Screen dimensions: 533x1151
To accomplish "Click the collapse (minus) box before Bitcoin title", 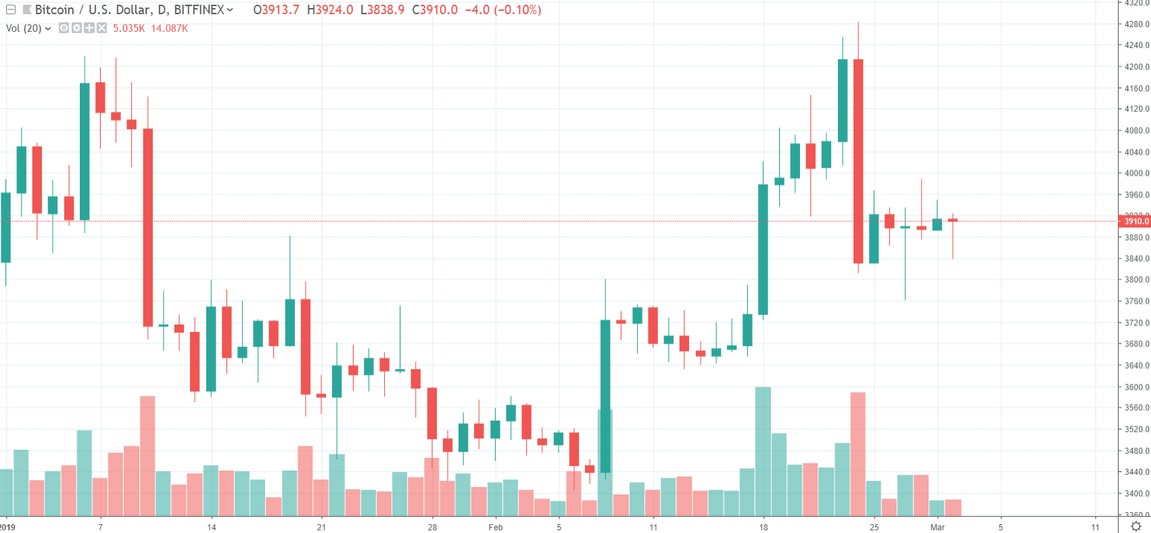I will (x=11, y=10).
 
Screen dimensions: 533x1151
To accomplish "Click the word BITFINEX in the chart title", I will (x=199, y=10).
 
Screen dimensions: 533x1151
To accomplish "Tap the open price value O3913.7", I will (x=276, y=10).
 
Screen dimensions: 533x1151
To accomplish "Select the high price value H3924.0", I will (x=329, y=10).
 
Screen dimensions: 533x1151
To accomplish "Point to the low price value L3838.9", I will (x=382, y=10).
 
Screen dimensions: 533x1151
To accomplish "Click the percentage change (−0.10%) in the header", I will (x=518, y=10).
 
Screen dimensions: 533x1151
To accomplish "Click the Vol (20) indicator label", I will (x=24, y=28).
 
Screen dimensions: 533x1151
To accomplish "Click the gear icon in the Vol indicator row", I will (x=76, y=28).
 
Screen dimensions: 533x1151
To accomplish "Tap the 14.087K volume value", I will (x=169, y=28).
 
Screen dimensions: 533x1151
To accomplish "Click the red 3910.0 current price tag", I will (x=1134, y=221).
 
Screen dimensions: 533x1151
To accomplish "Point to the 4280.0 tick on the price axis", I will (x=1136, y=24).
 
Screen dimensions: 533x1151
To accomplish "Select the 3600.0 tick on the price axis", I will (x=1136, y=387).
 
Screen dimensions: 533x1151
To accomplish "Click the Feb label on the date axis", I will (x=496, y=527).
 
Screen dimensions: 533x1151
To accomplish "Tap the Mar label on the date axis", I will (x=937, y=527).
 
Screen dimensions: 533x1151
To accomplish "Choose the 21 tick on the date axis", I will (x=321, y=527).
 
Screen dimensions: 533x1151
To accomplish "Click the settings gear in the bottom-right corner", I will (x=1136, y=526).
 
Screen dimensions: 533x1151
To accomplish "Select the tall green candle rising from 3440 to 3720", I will (x=605, y=396).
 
